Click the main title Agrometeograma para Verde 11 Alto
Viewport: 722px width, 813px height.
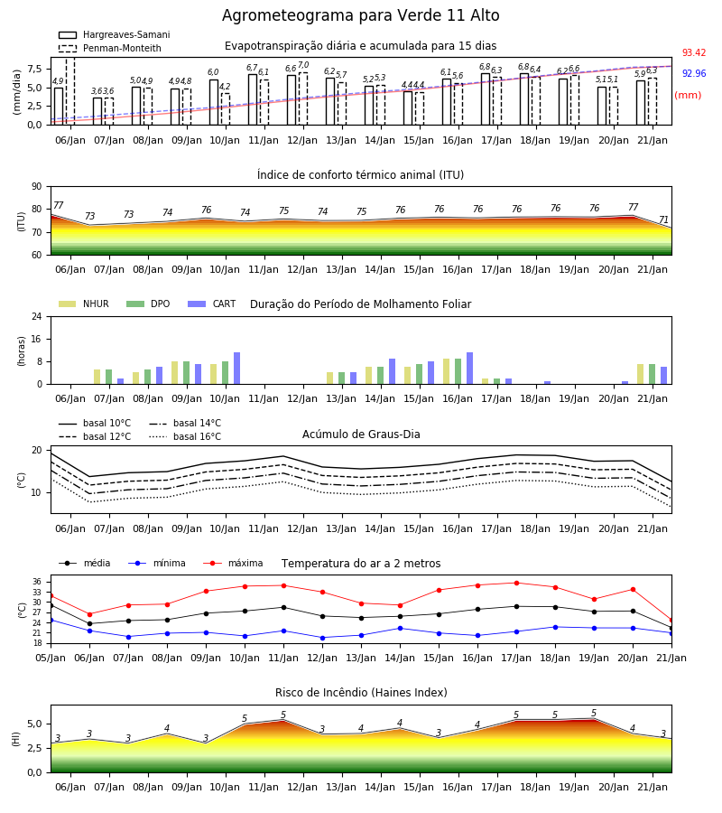pos(360,15)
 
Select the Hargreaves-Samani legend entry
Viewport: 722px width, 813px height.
pos(114,34)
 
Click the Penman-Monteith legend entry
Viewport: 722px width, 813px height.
pos(110,48)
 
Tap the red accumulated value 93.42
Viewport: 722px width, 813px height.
pos(694,53)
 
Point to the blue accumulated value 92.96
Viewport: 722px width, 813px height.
pos(694,74)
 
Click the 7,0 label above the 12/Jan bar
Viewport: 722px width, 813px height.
pos(303,65)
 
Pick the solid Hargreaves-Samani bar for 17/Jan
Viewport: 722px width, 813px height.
pos(486,99)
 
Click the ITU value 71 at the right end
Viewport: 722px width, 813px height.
pos(663,220)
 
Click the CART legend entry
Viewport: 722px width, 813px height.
pos(212,304)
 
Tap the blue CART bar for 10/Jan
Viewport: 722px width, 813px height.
pos(236,369)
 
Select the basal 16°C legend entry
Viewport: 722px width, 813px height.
pos(185,436)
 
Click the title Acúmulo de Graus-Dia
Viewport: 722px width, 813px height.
pos(361,435)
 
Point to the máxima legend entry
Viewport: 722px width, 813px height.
pos(233,563)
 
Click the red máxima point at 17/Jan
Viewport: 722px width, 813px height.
pos(516,583)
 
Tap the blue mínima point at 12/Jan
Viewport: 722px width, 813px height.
pos(323,638)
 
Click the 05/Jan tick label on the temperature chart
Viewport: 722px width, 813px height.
pos(51,658)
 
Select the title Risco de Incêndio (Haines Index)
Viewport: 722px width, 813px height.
pos(361,693)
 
